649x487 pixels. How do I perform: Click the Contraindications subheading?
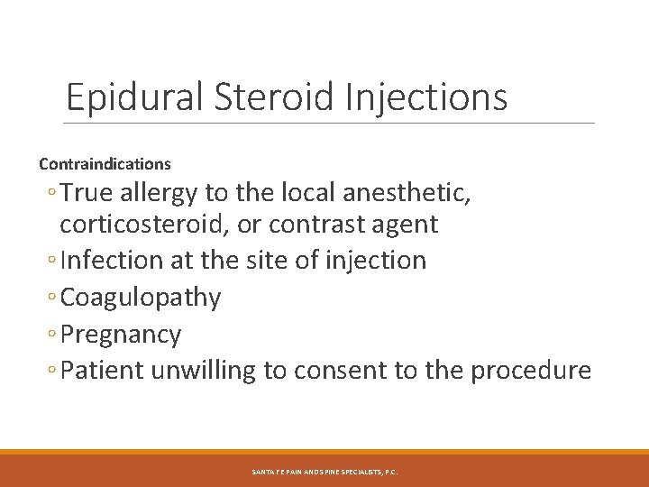[105, 164]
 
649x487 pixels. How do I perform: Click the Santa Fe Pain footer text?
[324, 471]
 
